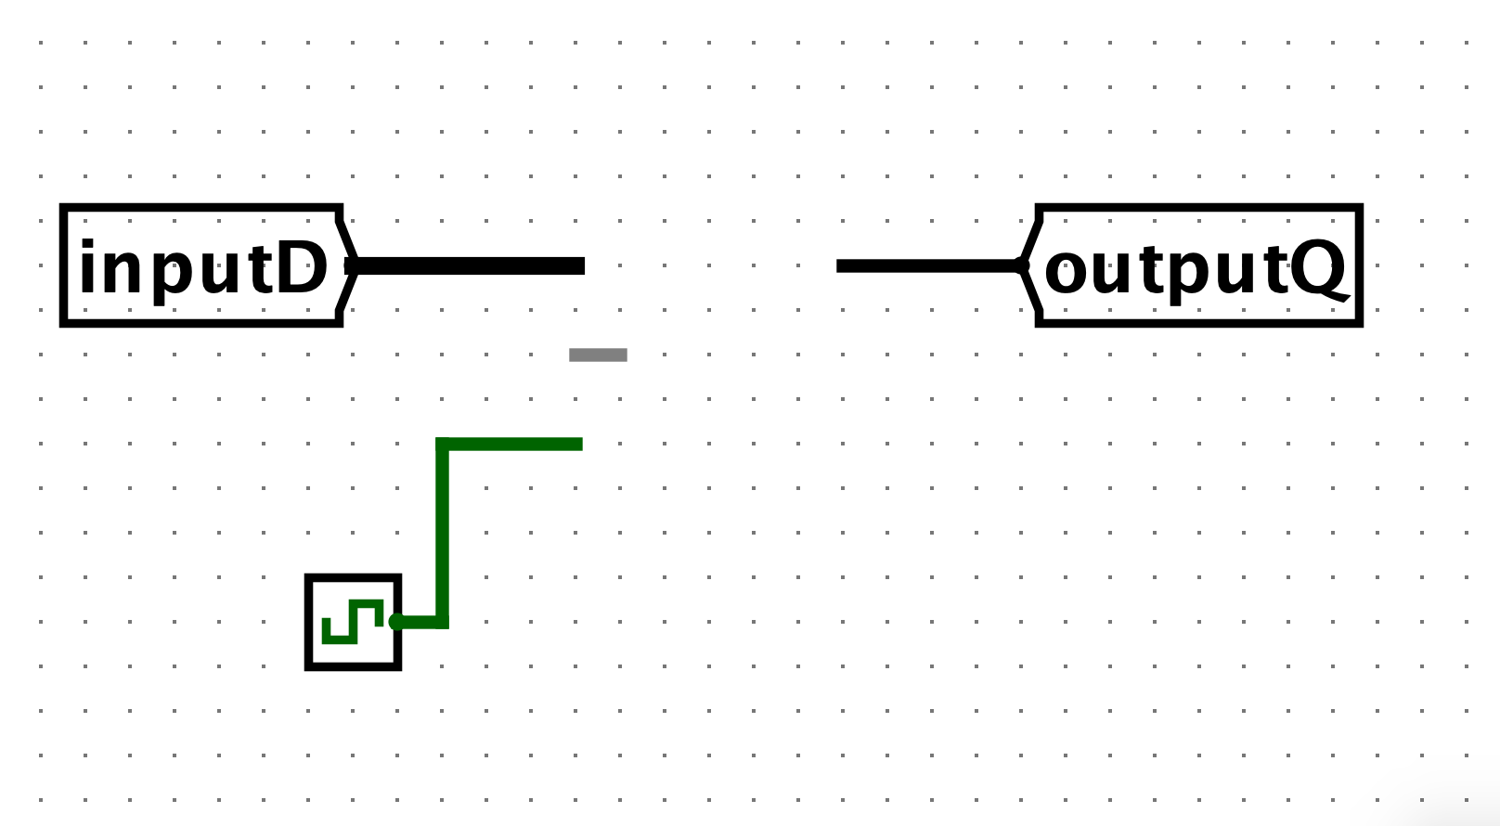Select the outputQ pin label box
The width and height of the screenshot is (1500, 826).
point(1192,265)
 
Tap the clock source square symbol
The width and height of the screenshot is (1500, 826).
point(353,622)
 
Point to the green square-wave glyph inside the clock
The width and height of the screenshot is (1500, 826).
point(353,622)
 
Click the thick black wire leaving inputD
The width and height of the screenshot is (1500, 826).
point(469,265)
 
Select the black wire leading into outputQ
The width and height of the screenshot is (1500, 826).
point(929,265)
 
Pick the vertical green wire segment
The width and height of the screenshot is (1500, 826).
point(442,533)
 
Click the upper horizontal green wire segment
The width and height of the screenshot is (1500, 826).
point(509,444)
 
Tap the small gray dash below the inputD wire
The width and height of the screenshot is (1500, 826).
point(598,355)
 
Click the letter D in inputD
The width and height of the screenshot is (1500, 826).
point(303,268)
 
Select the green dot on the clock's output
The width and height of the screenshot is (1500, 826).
point(396,622)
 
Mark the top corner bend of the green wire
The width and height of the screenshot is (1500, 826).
point(442,444)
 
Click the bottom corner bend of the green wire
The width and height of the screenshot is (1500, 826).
point(442,623)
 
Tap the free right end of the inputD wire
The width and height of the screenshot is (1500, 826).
point(584,265)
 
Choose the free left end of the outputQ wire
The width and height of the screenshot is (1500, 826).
point(838,265)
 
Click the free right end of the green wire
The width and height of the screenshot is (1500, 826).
point(581,444)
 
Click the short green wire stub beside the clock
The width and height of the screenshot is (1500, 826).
point(419,623)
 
